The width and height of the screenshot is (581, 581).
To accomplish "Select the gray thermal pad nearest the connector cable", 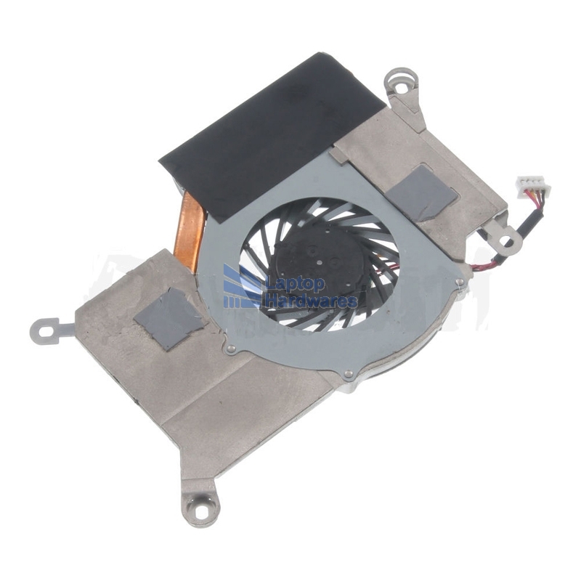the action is point(423,192).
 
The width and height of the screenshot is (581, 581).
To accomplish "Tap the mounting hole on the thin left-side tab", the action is point(46,331).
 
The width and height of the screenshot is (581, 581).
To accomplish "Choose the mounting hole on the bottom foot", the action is point(200,513).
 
